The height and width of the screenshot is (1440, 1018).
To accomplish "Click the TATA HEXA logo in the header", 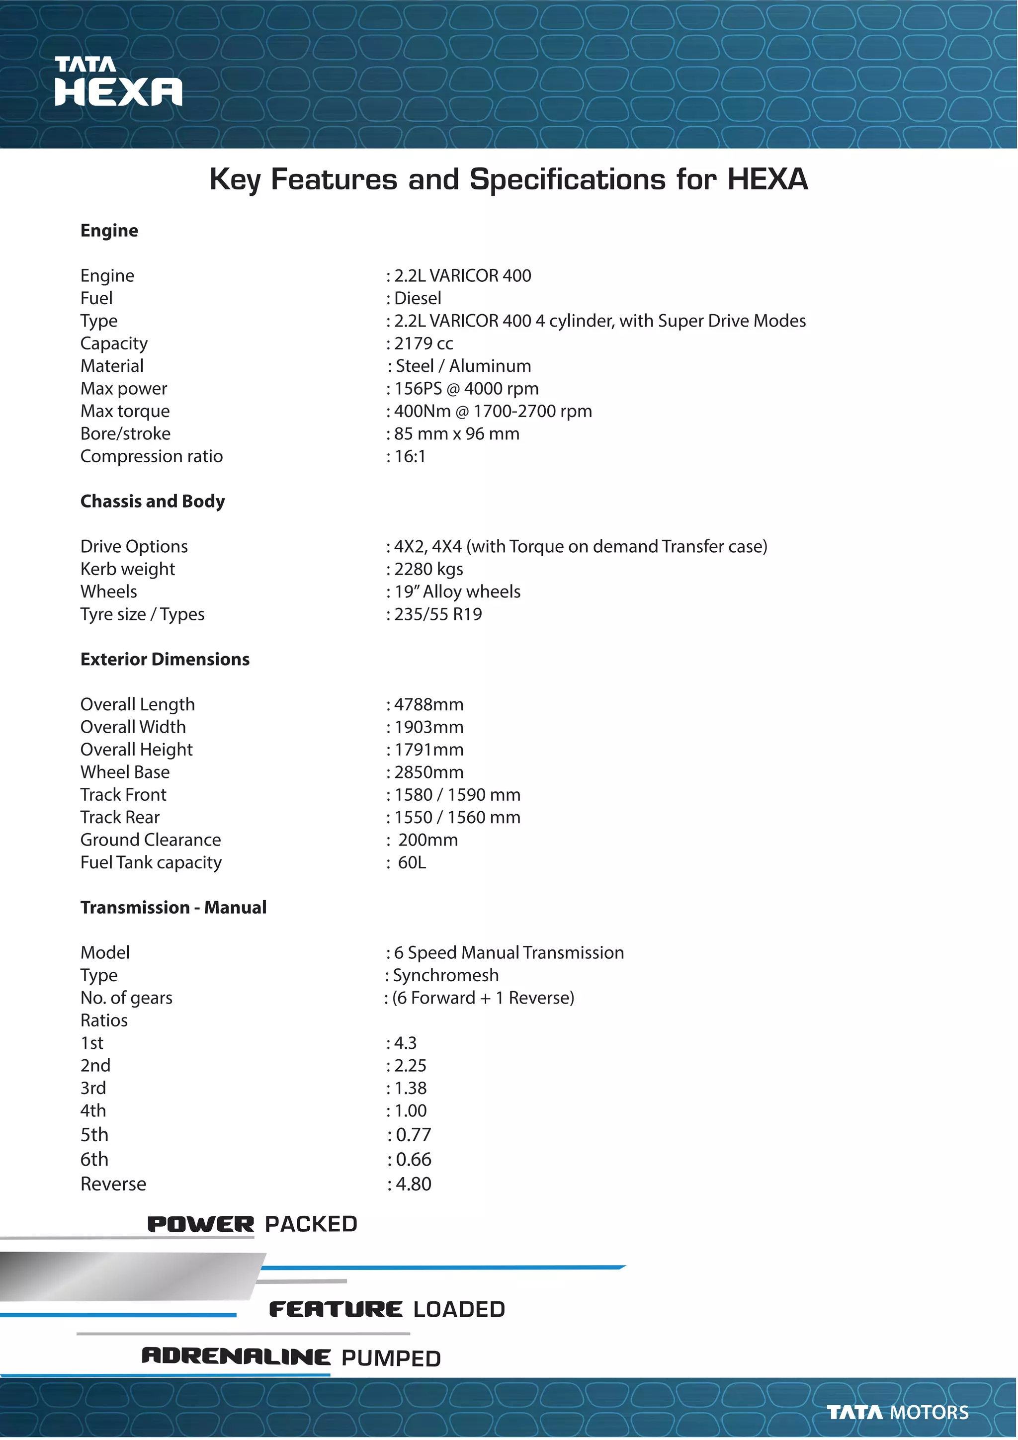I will coord(118,82).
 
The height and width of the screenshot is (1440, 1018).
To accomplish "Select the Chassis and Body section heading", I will coord(153,501).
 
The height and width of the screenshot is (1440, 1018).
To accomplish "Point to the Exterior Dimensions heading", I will coord(165,659).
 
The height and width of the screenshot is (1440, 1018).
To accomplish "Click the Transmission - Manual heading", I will coord(173,908).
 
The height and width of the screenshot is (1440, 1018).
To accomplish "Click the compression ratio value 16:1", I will coord(409,457).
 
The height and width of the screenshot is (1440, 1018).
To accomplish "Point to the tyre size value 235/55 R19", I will coord(437,615).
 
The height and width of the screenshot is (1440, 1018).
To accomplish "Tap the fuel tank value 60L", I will coord(412,863).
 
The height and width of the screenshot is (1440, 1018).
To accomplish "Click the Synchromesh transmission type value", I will coord(445,975).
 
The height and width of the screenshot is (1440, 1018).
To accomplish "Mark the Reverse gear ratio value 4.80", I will coord(413,1184).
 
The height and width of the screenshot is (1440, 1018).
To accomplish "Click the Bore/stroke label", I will coord(125,434).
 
